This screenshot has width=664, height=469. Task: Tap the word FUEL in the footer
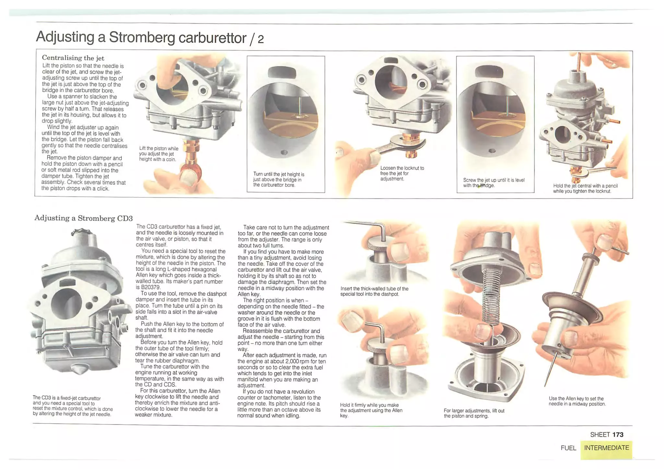(x=568, y=448)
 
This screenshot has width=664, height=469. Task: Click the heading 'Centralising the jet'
(x=73, y=58)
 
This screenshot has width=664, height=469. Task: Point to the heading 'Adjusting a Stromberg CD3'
(x=84, y=218)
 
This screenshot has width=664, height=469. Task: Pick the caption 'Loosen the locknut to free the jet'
(x=402, y=173)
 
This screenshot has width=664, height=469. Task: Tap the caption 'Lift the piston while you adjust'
(x=159, y=154)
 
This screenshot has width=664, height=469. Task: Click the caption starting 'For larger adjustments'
(x=474, y=413)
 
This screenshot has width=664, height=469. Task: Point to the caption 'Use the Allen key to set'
(x=577, y=401)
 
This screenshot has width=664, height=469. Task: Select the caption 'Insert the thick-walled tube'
(x=374, y=291)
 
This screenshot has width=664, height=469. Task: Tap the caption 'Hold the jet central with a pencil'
(x=585, y=189)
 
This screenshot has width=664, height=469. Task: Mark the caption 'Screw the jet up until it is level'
(x=493, y=183)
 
